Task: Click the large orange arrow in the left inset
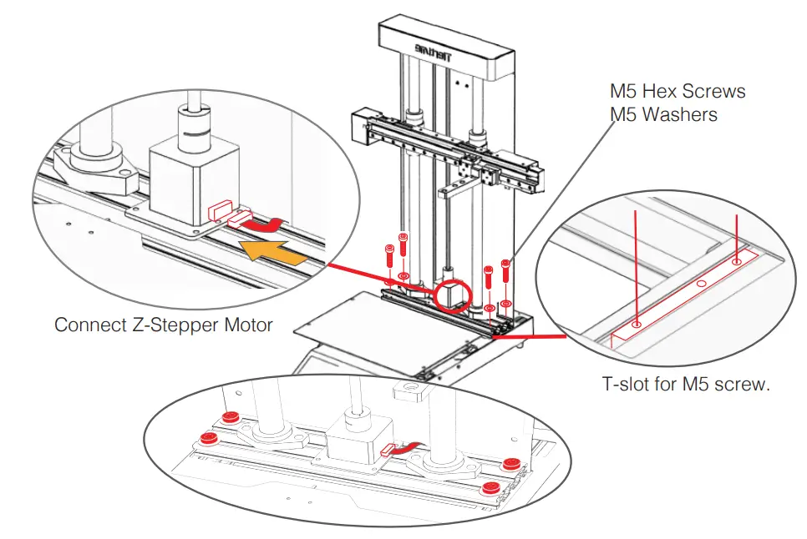[270, 249]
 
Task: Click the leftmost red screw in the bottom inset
[209, 439]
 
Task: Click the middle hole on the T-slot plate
[701, 285]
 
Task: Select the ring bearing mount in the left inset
[97, 156]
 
